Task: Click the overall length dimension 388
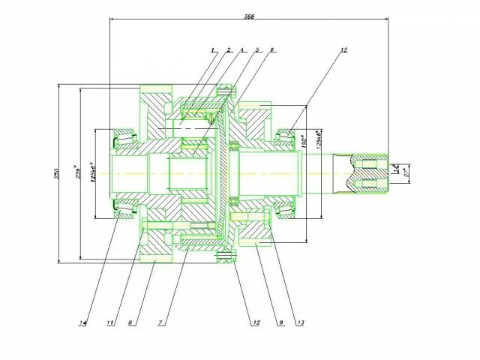coord(247,15)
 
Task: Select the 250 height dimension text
coord(56,174)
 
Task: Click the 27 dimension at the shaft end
coord(406,173)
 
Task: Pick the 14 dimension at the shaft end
coord(396,169)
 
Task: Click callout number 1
coord(213,50)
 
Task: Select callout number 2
coord(228,50)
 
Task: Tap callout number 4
coord(242,50)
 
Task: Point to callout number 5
coord(257,50)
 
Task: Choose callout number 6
coord(272,50)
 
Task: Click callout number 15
coord(343,50)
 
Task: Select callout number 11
coord(110,322)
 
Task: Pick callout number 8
coord(130,322)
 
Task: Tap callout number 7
coord(160,322)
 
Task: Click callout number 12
coord(256,322)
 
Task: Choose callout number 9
coord(280,322)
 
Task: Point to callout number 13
coord(301,322)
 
